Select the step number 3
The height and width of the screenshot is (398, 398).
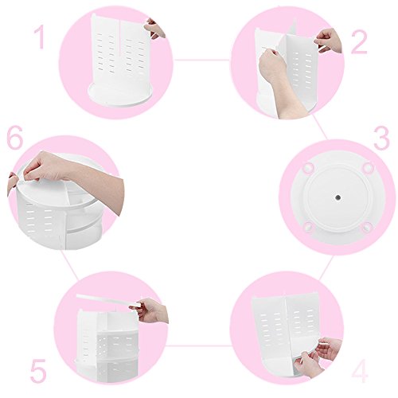[381, 138]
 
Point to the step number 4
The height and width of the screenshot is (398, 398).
[360, 369]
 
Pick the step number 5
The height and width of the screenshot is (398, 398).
[38, 370]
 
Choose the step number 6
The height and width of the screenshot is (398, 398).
[15, 138]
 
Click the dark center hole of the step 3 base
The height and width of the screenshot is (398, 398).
[338, 197]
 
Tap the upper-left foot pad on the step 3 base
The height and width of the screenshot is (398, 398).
[309, 168]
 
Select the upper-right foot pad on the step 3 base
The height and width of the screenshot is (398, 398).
[368, 167]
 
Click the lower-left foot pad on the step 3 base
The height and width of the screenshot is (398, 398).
[308, 228]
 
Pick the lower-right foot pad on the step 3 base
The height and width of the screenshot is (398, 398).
[368, 228]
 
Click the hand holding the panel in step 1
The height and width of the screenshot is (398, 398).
[155, 29]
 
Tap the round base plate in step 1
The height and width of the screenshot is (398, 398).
[121, 94]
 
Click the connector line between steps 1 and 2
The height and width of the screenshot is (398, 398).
[202, 60]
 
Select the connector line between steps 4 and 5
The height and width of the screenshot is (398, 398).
[200, 345]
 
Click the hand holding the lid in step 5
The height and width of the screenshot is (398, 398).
[150, 310]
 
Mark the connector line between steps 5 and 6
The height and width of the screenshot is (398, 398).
[69, 264]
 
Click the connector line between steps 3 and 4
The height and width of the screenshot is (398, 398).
[326, 267]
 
